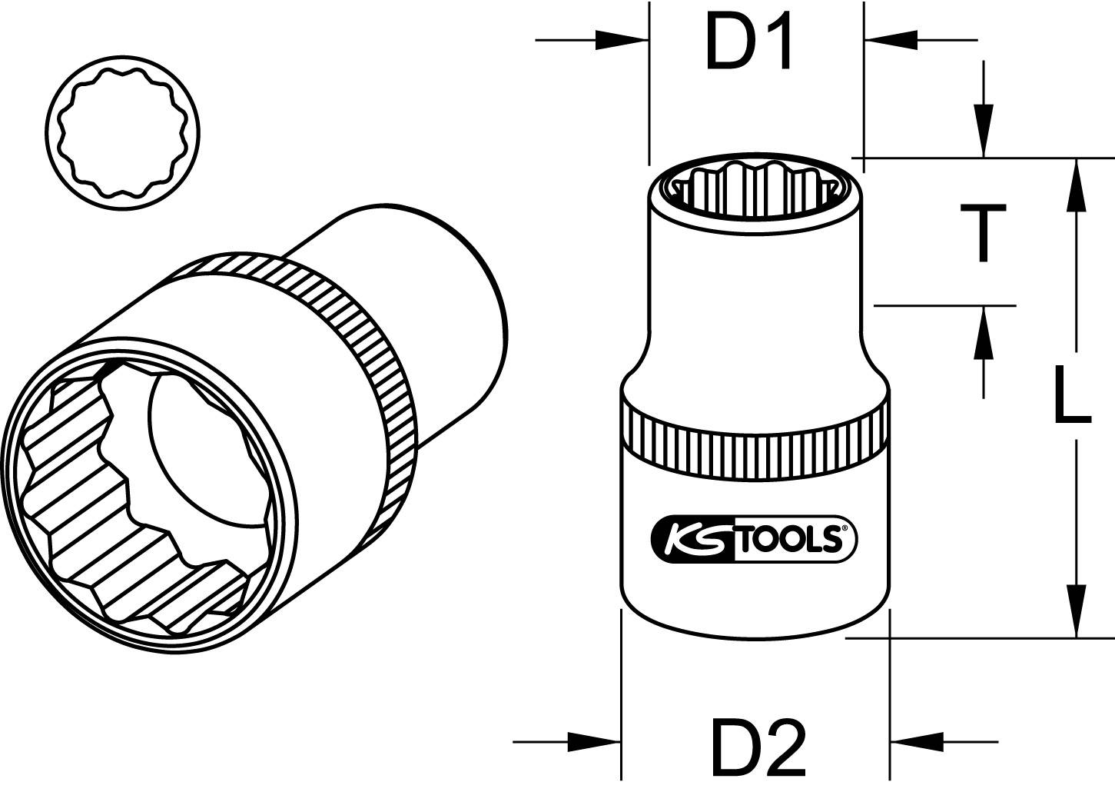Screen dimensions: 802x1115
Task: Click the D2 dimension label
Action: point(758,747)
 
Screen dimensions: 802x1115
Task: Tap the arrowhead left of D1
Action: point(622,40)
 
